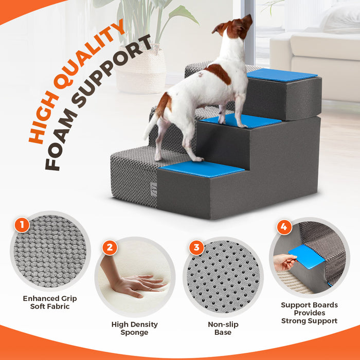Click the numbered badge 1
pyautogui.click(x=22, y=225)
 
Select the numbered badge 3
pyautogui.click(x=196, y=248)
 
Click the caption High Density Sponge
pyautogui.click(x=135, y=328)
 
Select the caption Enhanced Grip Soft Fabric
pyautogui.click(x=50, y=302)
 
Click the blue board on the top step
pyautogui.click(x=281, y=75)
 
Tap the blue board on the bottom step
pyautogui.click(x=202, y=168)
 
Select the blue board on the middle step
pyautogui.click(x=242, y=121)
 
